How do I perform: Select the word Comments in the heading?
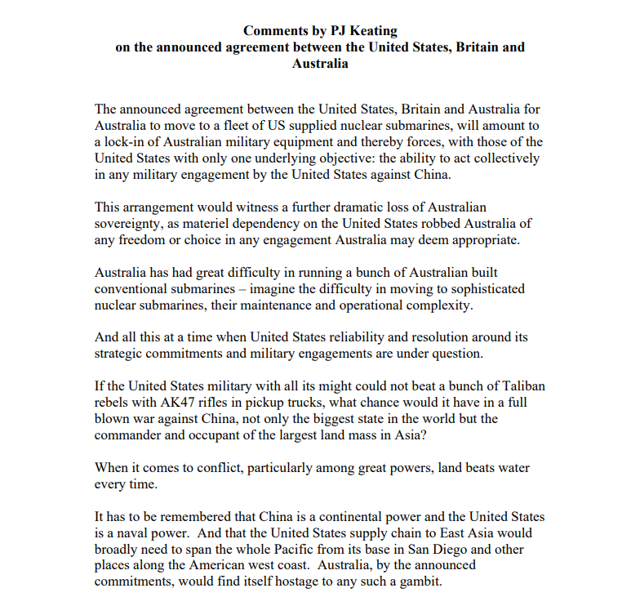(274, 31)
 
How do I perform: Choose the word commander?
(133, 435)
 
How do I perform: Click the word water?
(511, 468)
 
